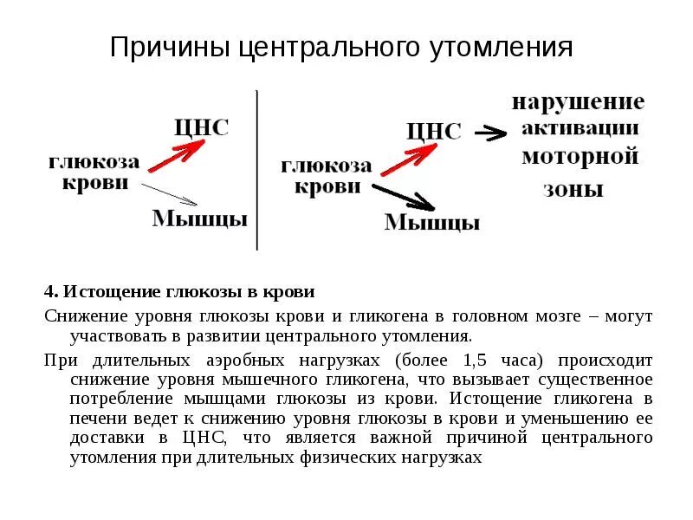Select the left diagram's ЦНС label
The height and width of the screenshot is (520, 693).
pos(201,128)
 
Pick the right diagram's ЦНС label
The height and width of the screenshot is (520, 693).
pos(434,132)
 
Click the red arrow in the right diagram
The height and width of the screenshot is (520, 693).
pos(408,159)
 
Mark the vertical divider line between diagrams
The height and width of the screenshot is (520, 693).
pos(256,169)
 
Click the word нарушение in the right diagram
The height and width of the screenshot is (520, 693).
pos(578,102)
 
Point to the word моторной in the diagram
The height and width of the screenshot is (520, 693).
pos(579,158)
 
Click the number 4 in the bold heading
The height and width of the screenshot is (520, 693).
pos(49,291)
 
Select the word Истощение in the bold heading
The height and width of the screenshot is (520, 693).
pos(106,291)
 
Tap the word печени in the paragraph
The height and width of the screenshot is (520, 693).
pos(94,419)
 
